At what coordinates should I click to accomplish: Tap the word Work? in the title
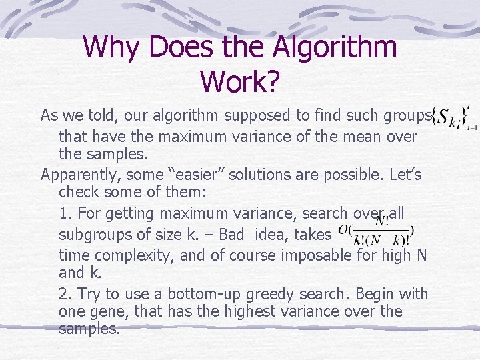[239, 81]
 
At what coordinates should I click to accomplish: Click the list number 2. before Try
[65, 293]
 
